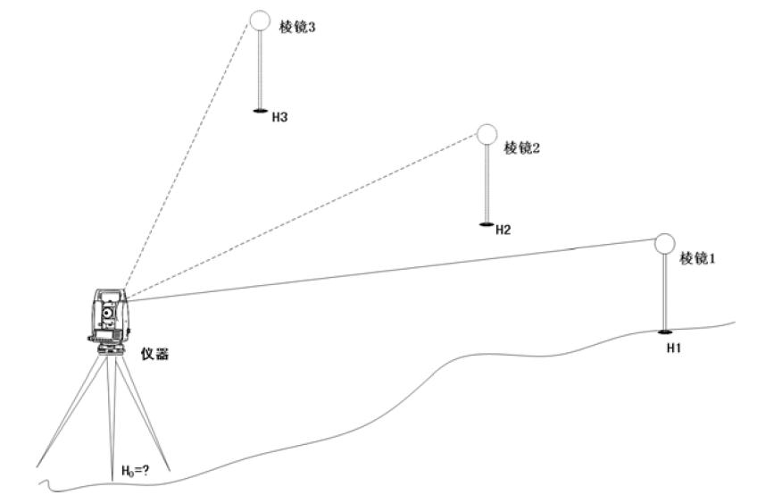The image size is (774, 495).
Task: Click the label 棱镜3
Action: click(297, 27)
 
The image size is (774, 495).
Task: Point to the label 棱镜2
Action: click(521, 147)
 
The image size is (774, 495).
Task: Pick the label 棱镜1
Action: click(697, 258)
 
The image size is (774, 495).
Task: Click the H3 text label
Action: click(280, 118)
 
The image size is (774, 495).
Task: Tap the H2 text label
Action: click(504, 231)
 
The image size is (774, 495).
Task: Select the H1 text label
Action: click(674, 348)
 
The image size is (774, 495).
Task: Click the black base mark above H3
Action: click(260, 111)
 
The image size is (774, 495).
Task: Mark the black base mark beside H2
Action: click(487, 225)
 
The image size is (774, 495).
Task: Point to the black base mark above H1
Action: click(665, 331)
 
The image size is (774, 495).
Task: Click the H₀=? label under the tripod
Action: click(136, 471)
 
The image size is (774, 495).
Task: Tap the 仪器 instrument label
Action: click(155, 354)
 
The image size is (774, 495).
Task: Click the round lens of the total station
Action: click(108, 313)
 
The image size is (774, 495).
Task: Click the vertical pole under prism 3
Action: click(260, 70)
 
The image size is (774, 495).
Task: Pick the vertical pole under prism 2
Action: click(487, 184)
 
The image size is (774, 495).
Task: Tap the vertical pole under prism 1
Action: click(664, 292)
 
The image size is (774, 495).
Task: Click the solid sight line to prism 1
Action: click(391, 270)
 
